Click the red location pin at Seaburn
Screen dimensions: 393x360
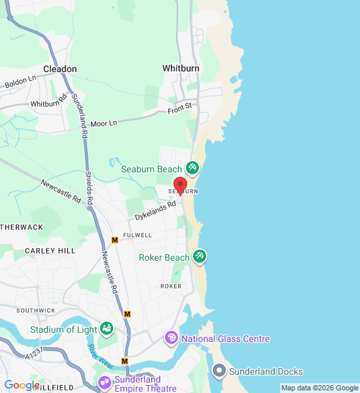[x=180, y=185]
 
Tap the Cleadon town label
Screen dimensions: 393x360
[x=60, y=69]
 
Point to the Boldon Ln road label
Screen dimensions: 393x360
[x=20, y=83]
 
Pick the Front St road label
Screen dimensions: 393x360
[x=179, y=106]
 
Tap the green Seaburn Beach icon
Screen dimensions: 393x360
[x=192, y=168]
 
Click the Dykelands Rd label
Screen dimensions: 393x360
[x=156, y=210]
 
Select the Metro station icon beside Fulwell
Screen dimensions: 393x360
[x=115, y=240]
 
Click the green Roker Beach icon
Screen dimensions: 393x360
[x=200, y=257]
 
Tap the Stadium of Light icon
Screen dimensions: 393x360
[x=107, y=329]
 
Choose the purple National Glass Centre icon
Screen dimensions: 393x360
[x=171, y=338]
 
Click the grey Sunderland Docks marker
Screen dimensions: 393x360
[x=219, y=371]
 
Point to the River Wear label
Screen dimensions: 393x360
[x=100, y=358]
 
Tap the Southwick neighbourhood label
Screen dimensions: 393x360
[x=31, y=310]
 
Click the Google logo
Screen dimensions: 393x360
[x=22, y=385]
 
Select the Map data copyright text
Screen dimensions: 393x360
[x=319, y=388]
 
